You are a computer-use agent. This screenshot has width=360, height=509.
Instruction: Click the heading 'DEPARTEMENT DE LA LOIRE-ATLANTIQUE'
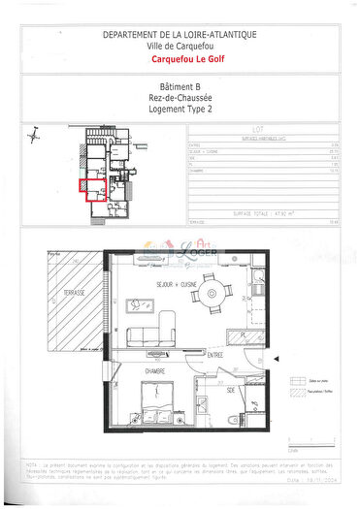point(180,35)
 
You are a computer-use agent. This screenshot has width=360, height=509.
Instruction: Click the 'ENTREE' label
point(214,356)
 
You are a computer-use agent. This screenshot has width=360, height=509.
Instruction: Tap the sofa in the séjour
point(158,335)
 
